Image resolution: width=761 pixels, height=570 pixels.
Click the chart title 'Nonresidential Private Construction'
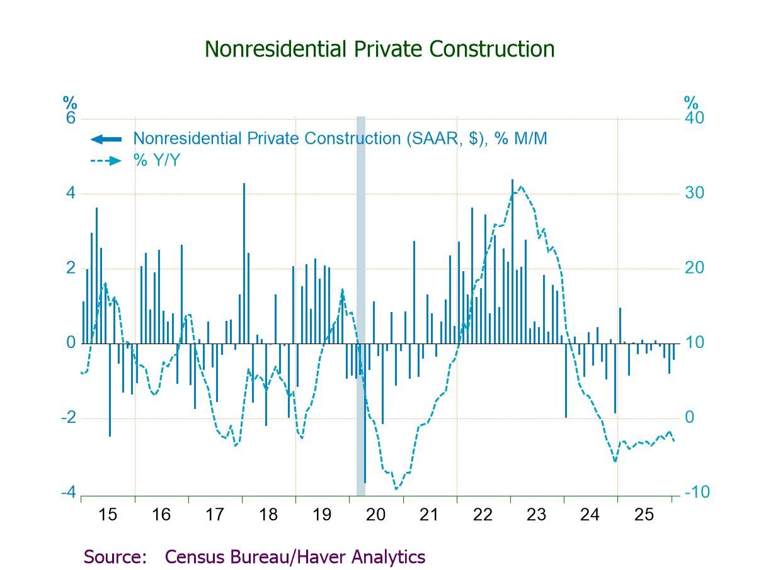click(x=380, y=49)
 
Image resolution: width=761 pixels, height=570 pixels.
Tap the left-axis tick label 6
click(x=71, y=119)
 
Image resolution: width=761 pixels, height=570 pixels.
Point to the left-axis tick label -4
click(x=68, y=492)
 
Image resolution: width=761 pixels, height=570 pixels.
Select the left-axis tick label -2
click(x=68, y=418)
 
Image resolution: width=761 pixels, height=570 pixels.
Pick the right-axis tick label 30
click(x=694, y=193)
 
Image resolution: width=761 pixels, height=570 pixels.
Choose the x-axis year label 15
click(x=108, y=515)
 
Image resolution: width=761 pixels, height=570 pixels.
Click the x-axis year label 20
click(x=375, y=515)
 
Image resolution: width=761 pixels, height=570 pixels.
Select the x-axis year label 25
click(x=644, y=515)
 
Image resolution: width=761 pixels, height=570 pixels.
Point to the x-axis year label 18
click(x=268, y=515)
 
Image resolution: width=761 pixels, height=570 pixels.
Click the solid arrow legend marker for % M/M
click(x=106, y=139)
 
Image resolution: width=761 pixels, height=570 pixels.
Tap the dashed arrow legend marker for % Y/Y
click(x=106, y=161)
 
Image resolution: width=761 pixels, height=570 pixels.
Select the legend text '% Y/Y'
click(x=156, y=160)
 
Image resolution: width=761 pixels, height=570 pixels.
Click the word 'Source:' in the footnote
click(x=115, y=557)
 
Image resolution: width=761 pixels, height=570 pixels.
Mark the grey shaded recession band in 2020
click(x=361, y=302)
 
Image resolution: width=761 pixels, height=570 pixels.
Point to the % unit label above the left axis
click(x=69, y=103)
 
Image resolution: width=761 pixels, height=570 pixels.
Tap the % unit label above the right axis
click(x=691, y=103)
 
